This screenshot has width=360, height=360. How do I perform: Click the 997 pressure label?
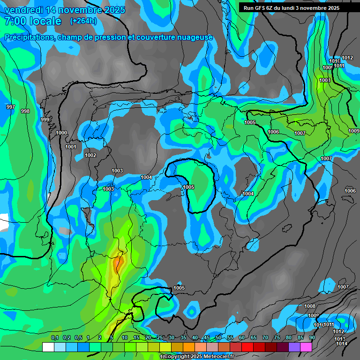tap(10, 107)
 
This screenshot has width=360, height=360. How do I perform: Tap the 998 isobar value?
tap(25, 111)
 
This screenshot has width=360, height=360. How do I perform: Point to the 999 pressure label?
tap(45, 120)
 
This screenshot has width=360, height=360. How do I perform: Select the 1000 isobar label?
tap(61, 133)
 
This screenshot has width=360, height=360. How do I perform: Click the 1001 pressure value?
tap(71, 147)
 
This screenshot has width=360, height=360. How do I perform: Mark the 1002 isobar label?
tap(90, 155)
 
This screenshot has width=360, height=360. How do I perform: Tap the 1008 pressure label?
tap(310, 306)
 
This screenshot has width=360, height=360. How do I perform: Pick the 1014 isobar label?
tap(342, 344)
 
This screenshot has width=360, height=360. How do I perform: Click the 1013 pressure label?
tap(339, 339)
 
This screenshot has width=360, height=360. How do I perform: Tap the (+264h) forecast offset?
tap(83, 21)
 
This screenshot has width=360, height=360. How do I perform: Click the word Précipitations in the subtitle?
tap(29, 37)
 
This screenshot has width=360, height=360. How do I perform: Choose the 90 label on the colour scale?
tap(312, 338)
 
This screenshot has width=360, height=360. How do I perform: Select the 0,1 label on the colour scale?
tap(54, 338)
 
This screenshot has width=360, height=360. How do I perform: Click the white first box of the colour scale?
tap(48, 347)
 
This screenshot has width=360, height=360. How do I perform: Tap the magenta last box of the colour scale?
tap(306, 347)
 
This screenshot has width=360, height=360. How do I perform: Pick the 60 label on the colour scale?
tap(241, 338)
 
